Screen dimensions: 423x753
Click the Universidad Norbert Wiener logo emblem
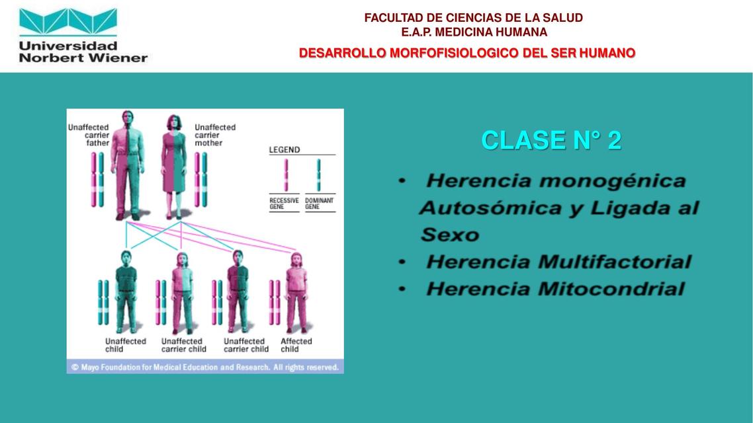[68, 22]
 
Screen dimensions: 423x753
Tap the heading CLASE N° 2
[551, 141]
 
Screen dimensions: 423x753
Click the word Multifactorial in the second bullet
[615, 262]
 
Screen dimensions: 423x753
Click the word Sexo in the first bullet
[450, 235]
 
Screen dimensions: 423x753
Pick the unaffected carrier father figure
[128, 165]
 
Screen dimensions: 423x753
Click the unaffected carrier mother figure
[174, 167]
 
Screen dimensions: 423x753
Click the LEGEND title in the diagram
[285, 150]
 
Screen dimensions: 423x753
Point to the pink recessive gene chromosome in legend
[287, 175]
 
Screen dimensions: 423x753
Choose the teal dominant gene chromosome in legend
[318, 175]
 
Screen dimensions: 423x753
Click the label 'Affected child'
[296, 345]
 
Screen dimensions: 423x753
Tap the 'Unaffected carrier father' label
[89, 135]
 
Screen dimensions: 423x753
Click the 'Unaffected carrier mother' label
[214, 135]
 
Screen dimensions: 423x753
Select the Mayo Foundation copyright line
[205, 367]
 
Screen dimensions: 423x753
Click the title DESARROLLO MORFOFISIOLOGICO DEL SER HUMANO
[467, 54]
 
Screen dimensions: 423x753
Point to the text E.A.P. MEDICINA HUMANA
[474, 32]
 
